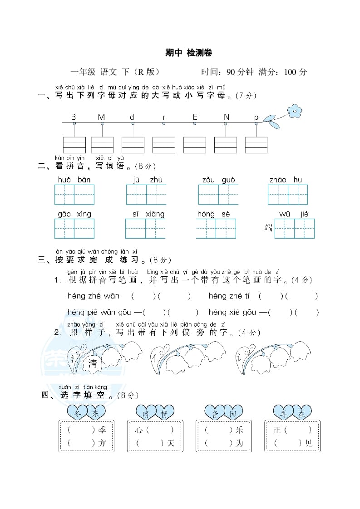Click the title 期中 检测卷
click(188, 53)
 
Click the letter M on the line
click(101, 117)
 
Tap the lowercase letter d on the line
click(132, 117)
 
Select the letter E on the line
click(195, 117)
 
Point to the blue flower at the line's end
click(295, 110)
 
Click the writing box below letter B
click(74, 145)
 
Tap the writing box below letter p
click(256, 145)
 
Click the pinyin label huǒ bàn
click(74, 180)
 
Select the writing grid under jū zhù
click(146, 195)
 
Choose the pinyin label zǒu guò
click(218, 180)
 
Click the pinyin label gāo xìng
click(74, 214)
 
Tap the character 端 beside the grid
click(269, 228)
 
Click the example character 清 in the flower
click(93, 363)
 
